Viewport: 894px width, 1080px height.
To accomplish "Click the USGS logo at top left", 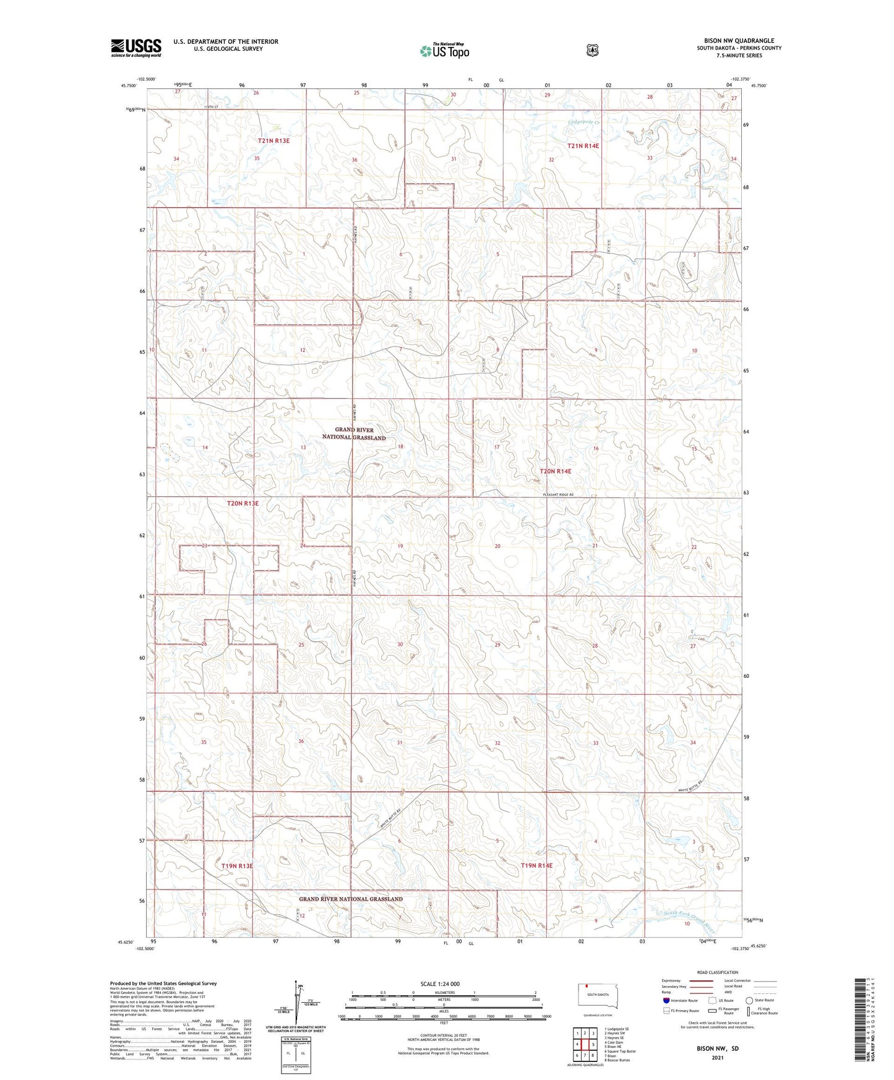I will (136, 48).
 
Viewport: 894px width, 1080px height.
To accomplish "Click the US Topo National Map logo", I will (444, 51).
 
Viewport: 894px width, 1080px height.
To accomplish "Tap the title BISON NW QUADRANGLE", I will (739, 41).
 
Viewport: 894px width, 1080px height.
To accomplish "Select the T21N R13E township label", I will (273, 141).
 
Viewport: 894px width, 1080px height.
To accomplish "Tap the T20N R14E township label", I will (556, 471).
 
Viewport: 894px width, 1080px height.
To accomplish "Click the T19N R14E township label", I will (536, 865).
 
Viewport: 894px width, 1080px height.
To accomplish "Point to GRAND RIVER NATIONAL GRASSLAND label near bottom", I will (351, 899).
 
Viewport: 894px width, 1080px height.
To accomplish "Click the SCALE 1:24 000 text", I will (440, 984).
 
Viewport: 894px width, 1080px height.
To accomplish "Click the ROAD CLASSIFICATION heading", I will (717, 972).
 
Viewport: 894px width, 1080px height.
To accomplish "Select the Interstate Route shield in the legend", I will (666, 1000).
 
